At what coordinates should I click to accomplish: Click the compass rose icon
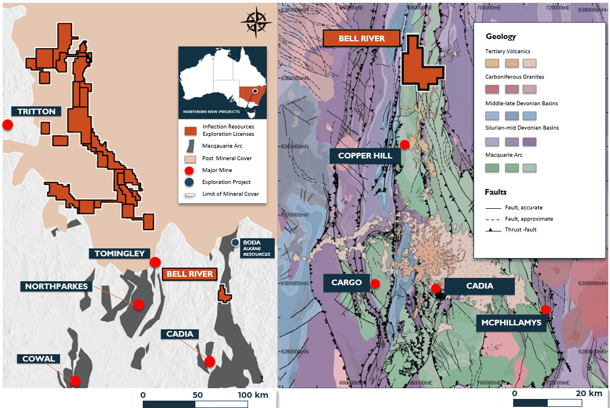[256, 22]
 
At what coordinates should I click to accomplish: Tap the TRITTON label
[36, 111]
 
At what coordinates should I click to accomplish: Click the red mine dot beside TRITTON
[7, 124]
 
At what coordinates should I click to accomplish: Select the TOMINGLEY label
[117, 254]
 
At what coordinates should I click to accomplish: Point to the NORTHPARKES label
[56, 286]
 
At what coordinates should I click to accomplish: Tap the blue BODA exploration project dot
[235, 243]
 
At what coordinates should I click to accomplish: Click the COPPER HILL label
[365, 156]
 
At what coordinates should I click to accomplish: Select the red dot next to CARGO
[375, 284]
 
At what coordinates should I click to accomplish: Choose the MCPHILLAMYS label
[512, 323]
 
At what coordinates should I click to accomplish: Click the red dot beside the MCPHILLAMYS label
[545, 310]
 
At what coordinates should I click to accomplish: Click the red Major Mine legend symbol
[190, 170]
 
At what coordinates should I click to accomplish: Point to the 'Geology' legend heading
[501, 37]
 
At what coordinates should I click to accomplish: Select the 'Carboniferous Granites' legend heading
[515, 77]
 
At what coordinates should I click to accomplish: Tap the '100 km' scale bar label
[253, 394]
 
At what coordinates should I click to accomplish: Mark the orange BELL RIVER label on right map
[361, 38]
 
